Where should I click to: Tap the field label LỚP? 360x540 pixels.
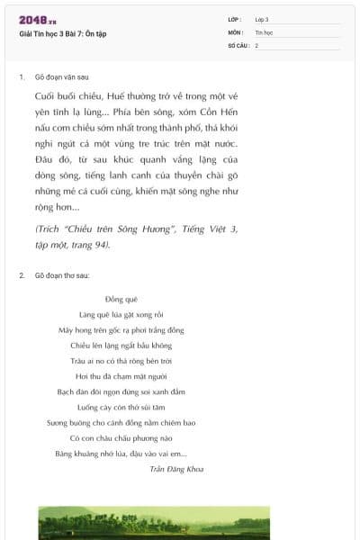(235, 19)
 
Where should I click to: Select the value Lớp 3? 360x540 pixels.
(262, 19)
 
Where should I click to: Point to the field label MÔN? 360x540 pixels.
(236, 31)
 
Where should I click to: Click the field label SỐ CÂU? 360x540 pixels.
(238, 44)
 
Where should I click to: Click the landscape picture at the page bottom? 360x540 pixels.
(179, 523)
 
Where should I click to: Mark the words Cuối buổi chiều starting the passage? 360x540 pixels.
(67, 95)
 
